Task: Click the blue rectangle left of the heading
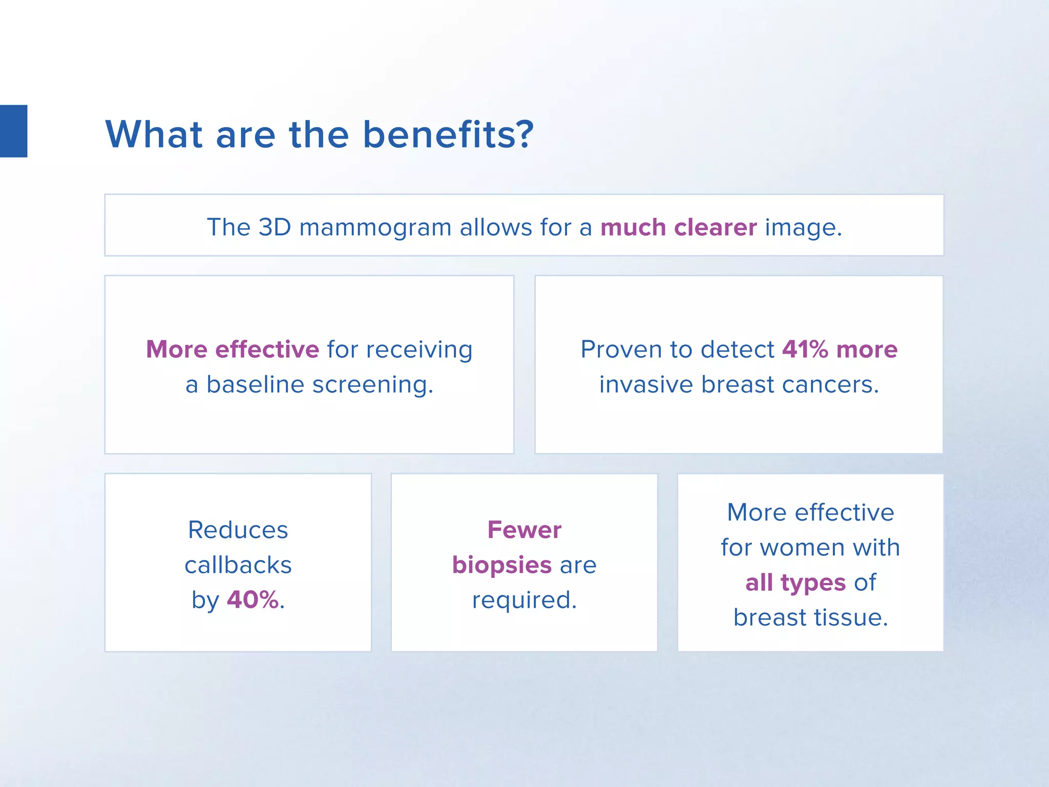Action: click(13, 131)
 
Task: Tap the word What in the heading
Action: click(154, 134)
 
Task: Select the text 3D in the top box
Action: click(275, 227)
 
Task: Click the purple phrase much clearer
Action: click(678, 227)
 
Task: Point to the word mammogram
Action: click(375, 228)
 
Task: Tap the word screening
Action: click(372, 385)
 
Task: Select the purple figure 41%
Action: click(805, 349)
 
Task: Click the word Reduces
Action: click(238, 530)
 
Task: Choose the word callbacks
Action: click(238, 565)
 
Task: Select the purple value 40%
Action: click(253, 599)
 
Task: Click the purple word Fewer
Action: click(524, 530)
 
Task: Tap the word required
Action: click(524, 600)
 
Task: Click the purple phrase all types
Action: click(795, 583)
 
